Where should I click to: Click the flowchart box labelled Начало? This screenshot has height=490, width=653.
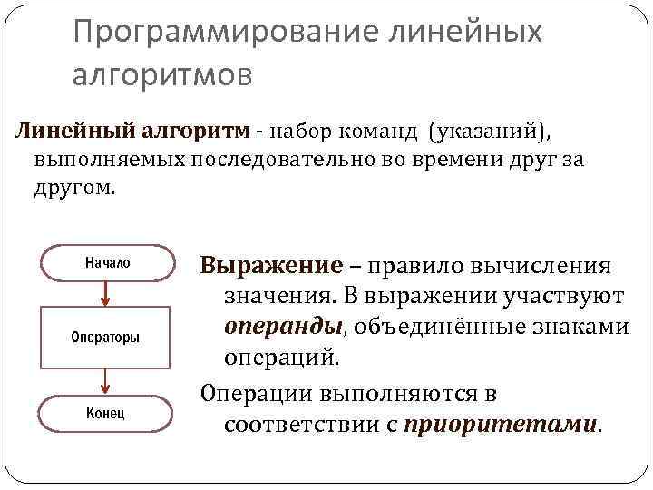(107, 262)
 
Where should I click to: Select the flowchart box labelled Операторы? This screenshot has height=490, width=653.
(107, 338)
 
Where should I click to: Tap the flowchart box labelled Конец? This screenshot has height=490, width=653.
(107, 413)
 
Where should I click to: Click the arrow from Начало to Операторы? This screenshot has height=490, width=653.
(107, 292)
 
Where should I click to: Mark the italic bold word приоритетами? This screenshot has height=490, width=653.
(500, 424)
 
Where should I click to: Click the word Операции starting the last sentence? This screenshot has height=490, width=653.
(258, 395)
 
